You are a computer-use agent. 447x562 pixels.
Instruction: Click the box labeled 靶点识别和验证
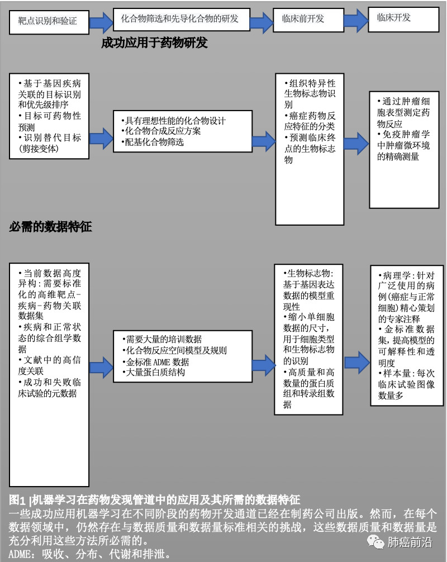(49, 22)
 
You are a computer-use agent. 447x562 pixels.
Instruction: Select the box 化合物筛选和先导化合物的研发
(182, 20)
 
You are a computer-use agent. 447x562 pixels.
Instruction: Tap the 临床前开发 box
(308, 20)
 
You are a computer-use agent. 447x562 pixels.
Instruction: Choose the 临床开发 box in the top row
(403, 20)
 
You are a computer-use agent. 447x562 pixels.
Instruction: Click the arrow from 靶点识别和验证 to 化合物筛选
(101, 22)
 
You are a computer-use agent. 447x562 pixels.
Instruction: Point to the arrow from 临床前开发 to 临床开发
(356, 20)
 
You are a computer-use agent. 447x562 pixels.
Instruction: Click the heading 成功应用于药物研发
(155, 43)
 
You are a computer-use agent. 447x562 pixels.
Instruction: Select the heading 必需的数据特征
(50, 226)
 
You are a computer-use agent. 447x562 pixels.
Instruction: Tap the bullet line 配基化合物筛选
(153, 142)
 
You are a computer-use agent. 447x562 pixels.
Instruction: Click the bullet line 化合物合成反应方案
(161, 131)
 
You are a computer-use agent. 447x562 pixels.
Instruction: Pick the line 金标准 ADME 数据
(155, 362)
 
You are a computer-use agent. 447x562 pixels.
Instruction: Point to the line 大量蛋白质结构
(154, 373)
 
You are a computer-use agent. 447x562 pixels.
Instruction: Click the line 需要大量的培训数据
(161, 339)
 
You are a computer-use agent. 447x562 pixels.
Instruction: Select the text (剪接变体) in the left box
(39, 149)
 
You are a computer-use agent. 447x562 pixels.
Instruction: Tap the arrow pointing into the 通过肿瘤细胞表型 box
(356, 143)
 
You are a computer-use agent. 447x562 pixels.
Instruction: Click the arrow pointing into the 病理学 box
(357, 363)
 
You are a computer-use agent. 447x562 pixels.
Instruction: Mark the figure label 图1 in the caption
(17, 499)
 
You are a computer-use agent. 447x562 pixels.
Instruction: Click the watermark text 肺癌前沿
(410, 542)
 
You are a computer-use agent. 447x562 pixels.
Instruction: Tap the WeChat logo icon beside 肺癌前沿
(375, 542)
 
